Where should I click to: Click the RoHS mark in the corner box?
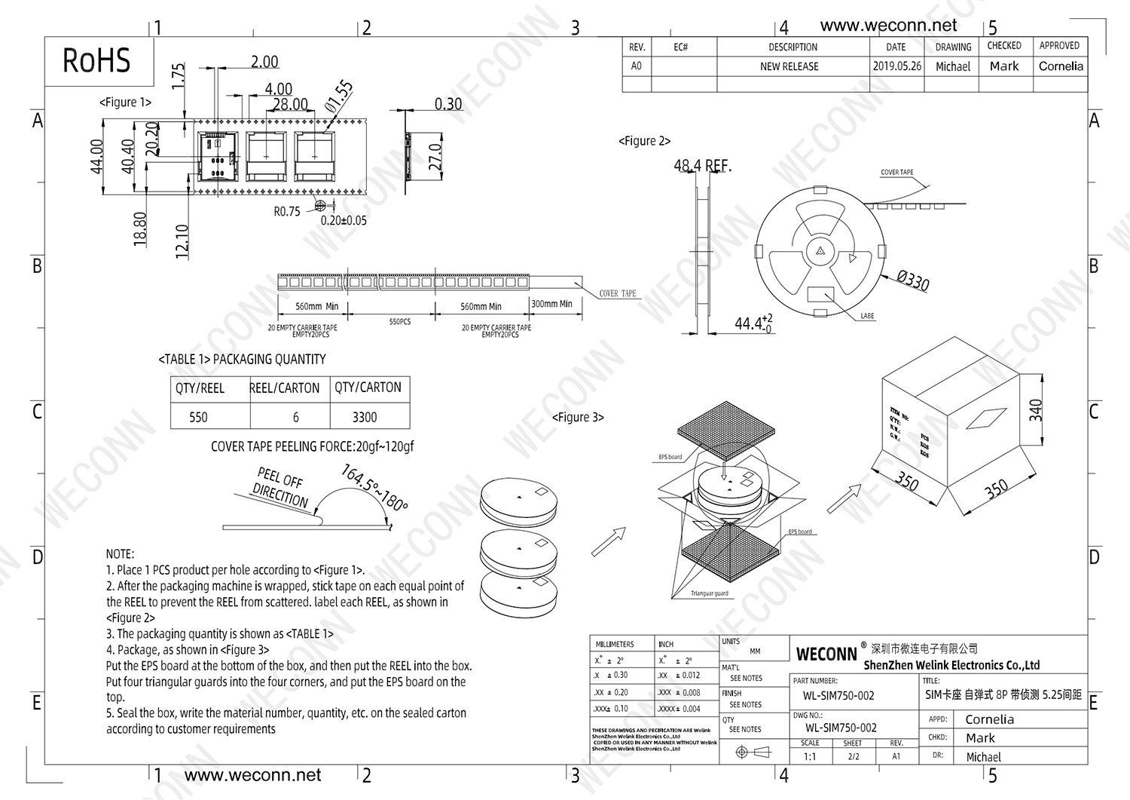point(96,61)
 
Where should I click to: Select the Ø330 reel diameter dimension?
point(913,280)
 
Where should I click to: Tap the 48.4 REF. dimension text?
point(702,165)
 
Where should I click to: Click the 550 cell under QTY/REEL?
point(198,417)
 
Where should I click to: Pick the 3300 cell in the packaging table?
point(365,417)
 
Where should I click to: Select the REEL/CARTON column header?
point(285,388)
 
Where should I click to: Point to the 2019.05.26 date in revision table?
point(896,66)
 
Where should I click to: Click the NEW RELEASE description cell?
point(789,66)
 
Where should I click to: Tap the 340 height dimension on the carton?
point(1037,410)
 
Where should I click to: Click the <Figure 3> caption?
point(578,417)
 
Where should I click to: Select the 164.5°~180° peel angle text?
point(374,488)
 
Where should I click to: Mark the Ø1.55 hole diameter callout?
point(339,97)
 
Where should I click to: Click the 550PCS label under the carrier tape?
point(400,322)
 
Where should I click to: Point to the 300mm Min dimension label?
point(551,304)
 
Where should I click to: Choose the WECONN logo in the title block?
point(826,654)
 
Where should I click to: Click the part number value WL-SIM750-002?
point(838,696)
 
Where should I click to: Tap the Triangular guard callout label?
point(710,593)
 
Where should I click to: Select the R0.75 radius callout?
point(286,212)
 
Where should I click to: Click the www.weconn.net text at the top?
point(888,25)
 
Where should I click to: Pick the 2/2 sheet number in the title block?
point(854,756)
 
